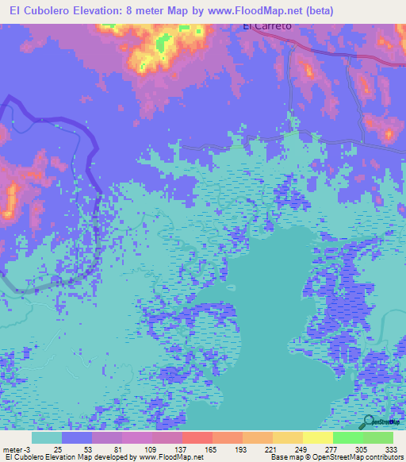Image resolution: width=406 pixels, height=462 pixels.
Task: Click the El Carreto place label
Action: pos(266,25)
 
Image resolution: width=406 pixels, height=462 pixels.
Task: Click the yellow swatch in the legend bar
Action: pos(317,437)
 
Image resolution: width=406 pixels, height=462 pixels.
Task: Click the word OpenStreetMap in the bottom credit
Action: pos(342,458)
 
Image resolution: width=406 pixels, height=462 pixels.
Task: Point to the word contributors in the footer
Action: pos(385,458)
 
